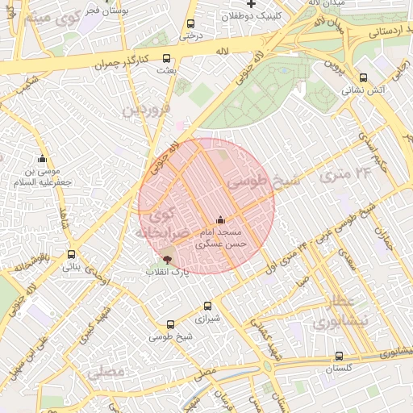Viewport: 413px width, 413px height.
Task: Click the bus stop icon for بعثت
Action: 166,58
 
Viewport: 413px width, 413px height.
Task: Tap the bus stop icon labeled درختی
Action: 190,24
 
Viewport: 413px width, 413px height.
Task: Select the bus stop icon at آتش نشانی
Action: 363,78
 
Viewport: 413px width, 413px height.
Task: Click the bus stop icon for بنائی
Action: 71,254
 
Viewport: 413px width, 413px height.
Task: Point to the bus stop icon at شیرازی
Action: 207,306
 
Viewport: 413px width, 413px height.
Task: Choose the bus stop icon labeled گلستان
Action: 339,356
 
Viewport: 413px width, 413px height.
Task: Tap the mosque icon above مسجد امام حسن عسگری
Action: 220,219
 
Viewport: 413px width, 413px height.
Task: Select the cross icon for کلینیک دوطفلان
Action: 252,5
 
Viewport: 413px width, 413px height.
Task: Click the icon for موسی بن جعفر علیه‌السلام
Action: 42,159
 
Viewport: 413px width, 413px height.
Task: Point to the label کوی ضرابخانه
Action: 165,223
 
